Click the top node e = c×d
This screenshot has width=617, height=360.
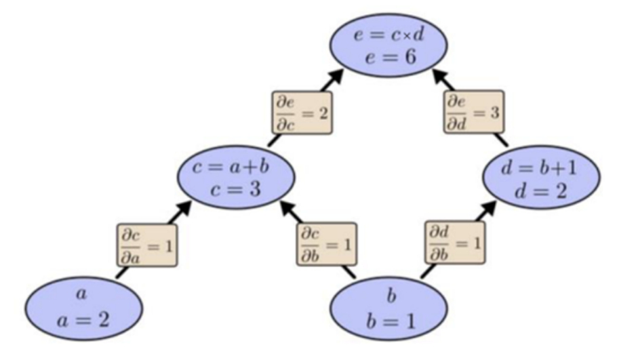tap(389, 45)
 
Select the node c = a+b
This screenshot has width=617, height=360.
tap(236, 177)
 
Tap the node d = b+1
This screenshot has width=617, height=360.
tap(542, 177)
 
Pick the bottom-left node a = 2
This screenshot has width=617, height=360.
tap(83, 308)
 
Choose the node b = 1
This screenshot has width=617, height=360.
tap(389, 308)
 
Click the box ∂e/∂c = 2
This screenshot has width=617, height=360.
tap(302, 113)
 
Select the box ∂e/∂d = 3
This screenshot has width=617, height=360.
tap(474, 112)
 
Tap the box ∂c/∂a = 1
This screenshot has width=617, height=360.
tap(147, 245)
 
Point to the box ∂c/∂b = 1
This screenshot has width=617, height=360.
tap(327, 244)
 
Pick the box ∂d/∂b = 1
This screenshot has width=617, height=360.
tap(455, 242)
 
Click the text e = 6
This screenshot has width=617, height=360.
tap(391, 58)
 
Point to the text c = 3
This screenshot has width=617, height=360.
tap(235, 190)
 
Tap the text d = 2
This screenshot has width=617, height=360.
tap(540, 191)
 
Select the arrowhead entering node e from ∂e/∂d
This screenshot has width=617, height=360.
tap(441, 77)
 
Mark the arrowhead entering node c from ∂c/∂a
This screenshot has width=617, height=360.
tap(183, 209)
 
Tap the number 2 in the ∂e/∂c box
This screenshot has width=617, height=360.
tap(323, 114)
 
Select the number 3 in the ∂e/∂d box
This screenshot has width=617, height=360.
tap(495, 113)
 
